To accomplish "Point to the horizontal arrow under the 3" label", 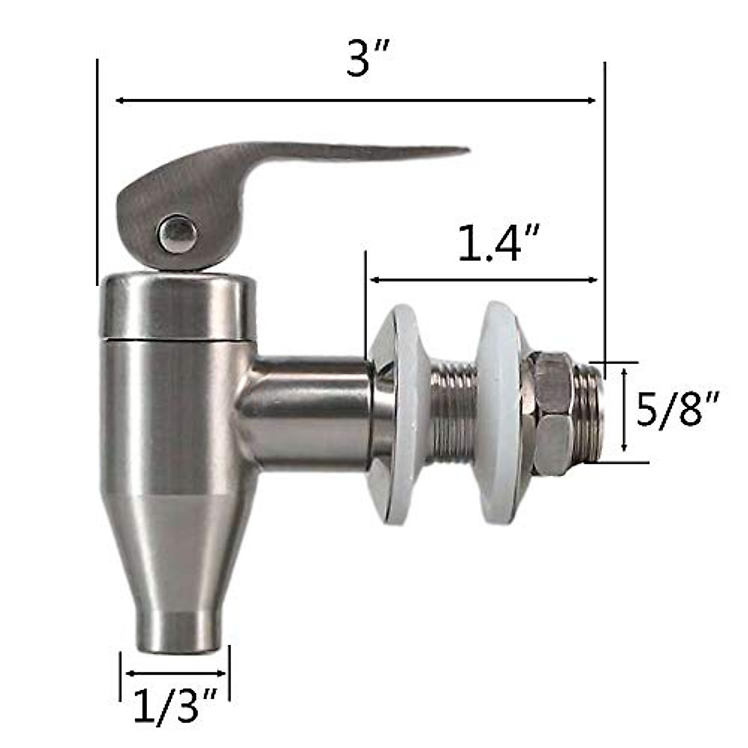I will pos(355,100).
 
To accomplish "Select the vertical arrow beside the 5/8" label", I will pos(625,410).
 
